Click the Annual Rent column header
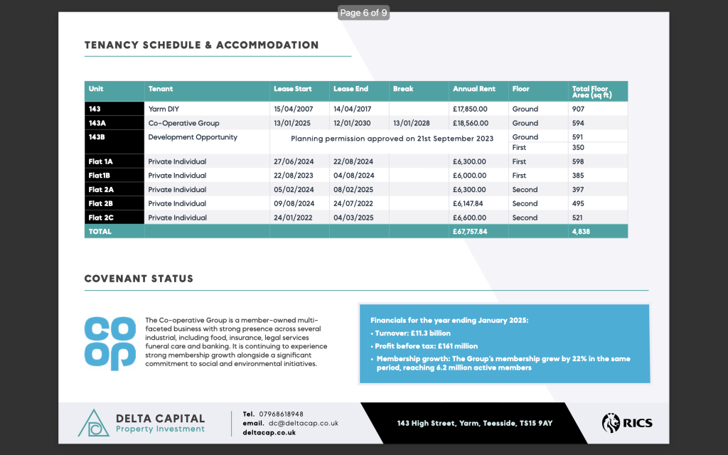click(x=474, y=89)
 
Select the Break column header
click(x=403, y=89)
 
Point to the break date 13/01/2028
click(x=412, y=123)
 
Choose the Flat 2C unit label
click(x=100, y=218)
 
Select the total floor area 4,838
click(x=581, y=231)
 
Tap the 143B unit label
click(x=97, y=136)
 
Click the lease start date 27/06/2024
click(x=293, y=161)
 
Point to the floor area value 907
click(x=578, y=109)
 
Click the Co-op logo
click(x=109, y=343)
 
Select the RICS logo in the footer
click(x=627, y=423)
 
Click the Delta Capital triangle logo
click(x=93, y=423)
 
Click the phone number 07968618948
click(x=282, y=414)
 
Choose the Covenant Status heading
click(x=139, y=279)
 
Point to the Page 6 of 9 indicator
click(x=364, y=13)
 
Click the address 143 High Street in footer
click(x=475, y=423)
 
